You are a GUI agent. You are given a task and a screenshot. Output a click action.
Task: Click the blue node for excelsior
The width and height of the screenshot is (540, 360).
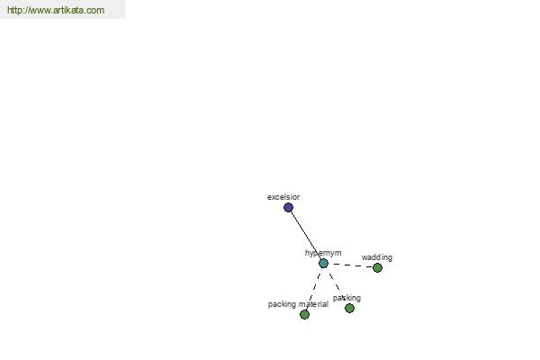(288, 207)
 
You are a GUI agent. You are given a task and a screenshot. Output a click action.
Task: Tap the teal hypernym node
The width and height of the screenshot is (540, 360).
(323, 264)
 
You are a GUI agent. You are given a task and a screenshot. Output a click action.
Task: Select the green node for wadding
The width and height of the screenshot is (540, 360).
(377, 267)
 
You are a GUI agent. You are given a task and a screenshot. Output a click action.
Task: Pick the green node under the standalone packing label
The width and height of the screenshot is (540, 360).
(349, 309)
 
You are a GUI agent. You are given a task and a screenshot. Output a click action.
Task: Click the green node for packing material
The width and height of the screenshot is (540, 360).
(304, 314)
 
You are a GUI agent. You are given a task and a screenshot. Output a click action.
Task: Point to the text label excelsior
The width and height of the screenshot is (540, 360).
(283, 197)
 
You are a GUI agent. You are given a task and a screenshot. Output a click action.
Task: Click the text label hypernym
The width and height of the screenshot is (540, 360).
(323, 253)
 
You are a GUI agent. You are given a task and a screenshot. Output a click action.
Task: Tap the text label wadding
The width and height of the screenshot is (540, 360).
(377, 257)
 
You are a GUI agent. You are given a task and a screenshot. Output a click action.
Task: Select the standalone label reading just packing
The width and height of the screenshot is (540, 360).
(346, 298)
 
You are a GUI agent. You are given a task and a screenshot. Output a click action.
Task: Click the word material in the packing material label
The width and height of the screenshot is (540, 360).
(313, 304)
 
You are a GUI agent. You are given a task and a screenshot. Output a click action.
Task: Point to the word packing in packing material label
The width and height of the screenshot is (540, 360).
(282, 304)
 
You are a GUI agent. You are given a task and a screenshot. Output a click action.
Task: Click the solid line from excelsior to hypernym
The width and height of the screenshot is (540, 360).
(306, 236)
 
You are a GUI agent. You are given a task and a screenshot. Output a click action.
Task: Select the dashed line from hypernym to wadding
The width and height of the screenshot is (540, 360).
(351, 265)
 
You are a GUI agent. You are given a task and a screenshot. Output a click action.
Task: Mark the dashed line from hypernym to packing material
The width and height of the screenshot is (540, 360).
(314, 289)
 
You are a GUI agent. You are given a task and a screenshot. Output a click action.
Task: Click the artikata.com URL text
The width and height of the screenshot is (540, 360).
(56, 10)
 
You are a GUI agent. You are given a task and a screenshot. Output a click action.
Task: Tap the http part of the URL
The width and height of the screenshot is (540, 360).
(14, 10)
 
